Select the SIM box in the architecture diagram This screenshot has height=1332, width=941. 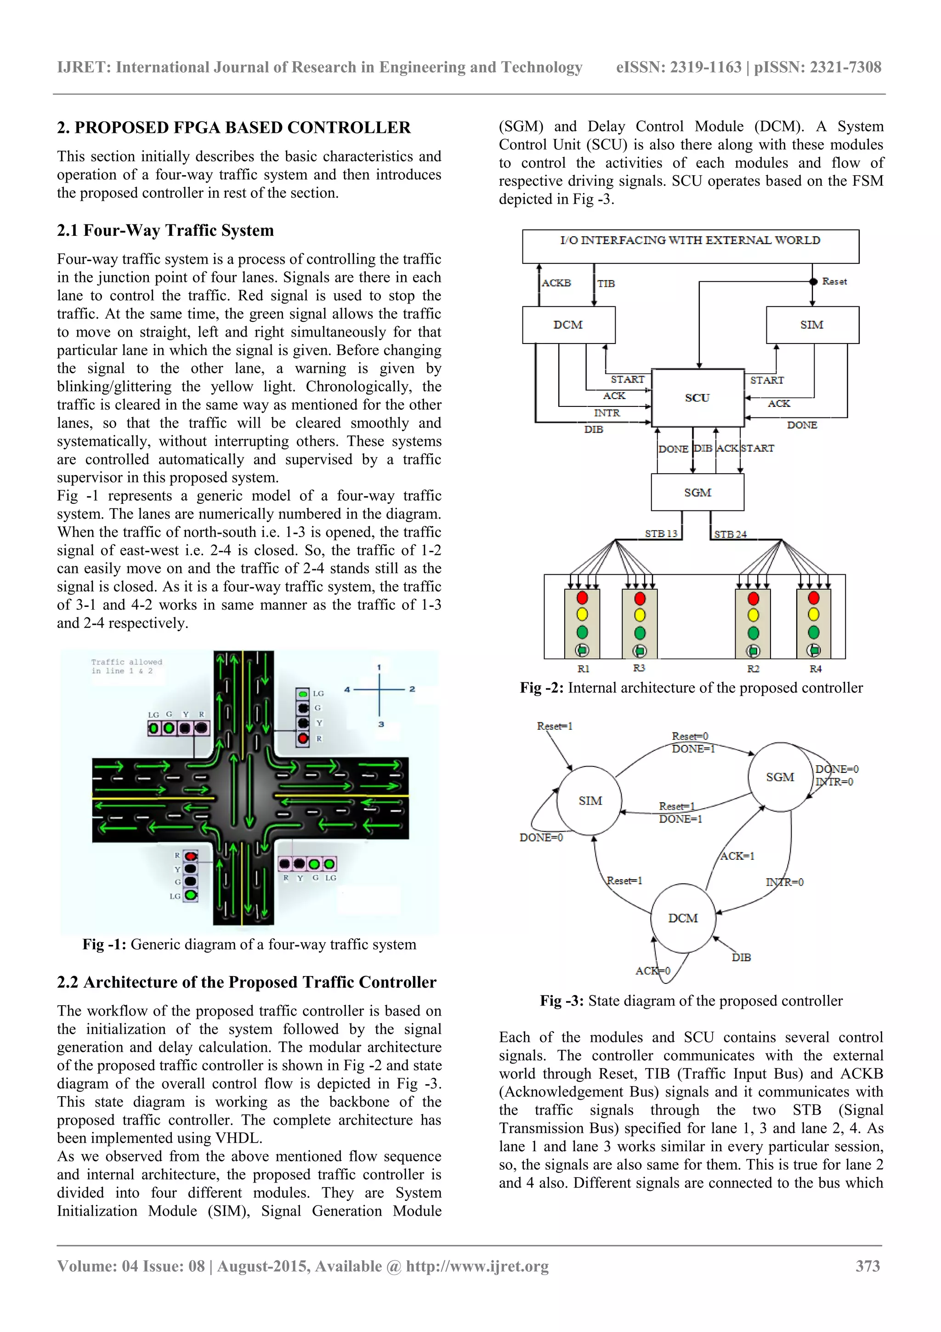[812, 325]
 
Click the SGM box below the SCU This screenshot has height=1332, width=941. [697, 492]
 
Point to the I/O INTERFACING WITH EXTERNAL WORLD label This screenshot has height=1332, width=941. [690, 240]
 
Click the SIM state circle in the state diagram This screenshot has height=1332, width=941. [590, 800]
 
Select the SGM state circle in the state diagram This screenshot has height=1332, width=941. [780, 777]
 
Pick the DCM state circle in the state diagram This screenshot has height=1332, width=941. [683, 918]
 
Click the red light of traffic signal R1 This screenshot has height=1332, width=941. [582, 598]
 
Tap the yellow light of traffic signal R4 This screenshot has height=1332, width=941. [813, 614]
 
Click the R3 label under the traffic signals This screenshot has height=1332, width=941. [639, 669]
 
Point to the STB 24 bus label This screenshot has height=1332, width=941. [730, 534]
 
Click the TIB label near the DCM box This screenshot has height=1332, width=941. [606, 284]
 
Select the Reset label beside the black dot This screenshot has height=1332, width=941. [834, 281]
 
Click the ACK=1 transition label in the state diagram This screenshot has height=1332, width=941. [737, 856]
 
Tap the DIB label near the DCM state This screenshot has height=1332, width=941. [741, 957]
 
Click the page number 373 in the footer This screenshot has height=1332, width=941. [867, 1266]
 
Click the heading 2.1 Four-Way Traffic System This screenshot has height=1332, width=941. [165, 230]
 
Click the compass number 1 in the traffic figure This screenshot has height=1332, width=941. [379, 667]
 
